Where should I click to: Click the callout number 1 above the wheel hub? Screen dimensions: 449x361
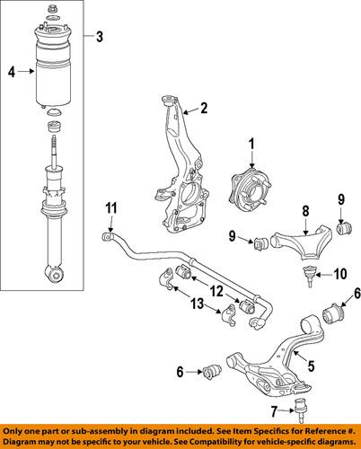[x=252, y=142]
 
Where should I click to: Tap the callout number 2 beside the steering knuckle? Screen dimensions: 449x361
[x=205, y=110]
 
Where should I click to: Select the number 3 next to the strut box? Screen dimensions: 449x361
[x=99, y=37]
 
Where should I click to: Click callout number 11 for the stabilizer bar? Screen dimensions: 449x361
[x=109, y=209]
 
